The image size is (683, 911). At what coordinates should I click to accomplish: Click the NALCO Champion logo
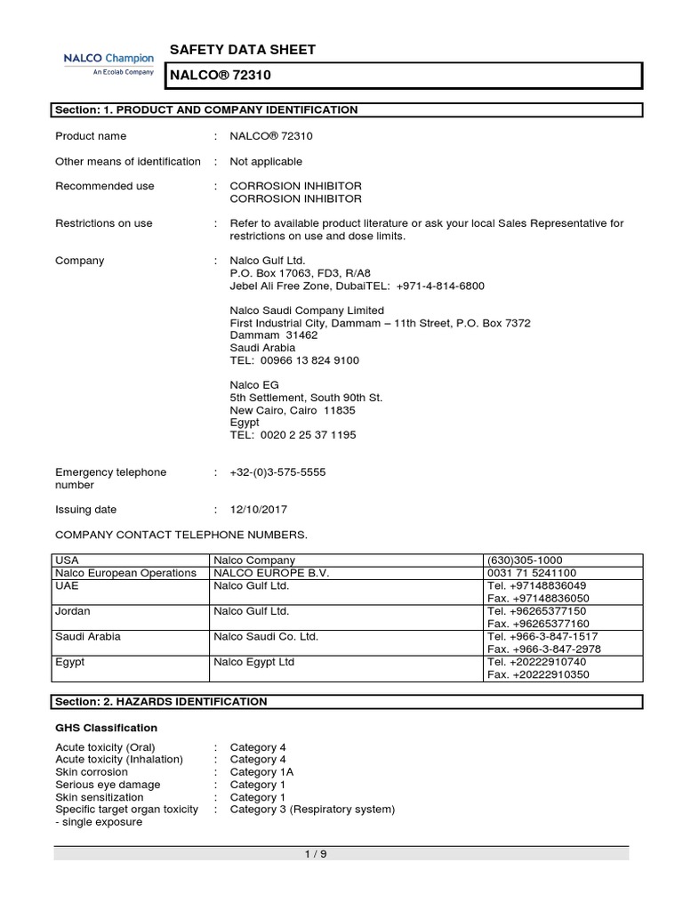point(108,64)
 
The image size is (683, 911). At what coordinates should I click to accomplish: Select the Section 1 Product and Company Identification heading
point(206,110)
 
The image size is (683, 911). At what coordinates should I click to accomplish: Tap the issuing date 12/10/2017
point(259,510)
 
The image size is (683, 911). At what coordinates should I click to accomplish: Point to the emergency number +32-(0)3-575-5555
point(277,472)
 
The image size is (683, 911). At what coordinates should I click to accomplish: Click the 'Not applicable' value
point(266,161)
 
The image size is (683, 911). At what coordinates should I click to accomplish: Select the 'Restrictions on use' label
point(103,223)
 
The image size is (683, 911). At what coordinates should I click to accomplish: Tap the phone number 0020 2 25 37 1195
point(293,435)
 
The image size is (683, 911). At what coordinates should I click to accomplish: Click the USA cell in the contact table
point(68,560)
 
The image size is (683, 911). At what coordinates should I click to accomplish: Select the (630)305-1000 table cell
point(524,560)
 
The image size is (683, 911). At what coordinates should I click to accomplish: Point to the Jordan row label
point(72,611)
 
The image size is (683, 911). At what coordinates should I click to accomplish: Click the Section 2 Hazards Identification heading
point(161,702)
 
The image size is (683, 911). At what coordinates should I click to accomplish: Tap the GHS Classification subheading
point(106,728)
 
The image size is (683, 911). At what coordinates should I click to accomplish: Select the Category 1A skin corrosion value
point(261,772)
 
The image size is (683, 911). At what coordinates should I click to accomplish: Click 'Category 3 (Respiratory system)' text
point(312,810)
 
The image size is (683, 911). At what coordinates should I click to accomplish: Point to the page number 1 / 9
point(341,855)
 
